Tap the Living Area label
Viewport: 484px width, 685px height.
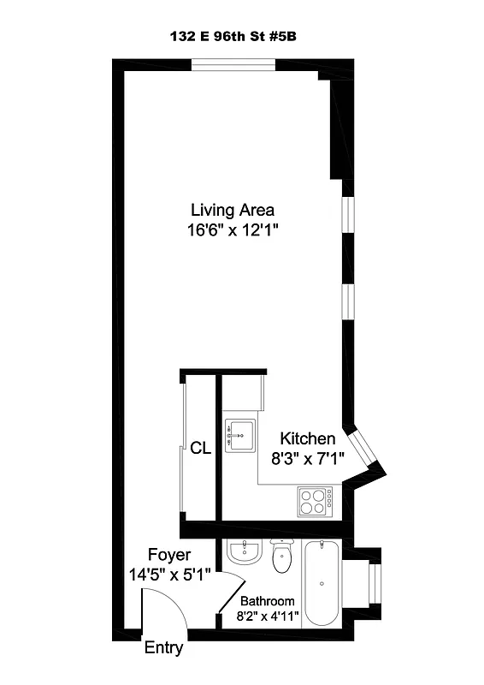click(x=233, y=210)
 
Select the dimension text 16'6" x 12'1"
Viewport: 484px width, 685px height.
click(x=233, y=229)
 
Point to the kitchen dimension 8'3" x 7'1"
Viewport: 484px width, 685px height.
click(x=307, y=458)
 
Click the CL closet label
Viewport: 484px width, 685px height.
click(x=200, y=447)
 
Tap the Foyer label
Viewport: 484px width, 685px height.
click(x=168, y=555)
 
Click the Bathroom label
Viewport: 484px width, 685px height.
click(x=267, y=601)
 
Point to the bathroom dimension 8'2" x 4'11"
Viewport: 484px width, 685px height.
click(x=267, y=616)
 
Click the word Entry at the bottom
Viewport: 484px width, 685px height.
click(x=162, y=648)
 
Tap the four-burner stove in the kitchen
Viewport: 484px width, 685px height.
click(x=315, y=500)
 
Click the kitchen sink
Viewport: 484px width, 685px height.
click(x=240, y=437)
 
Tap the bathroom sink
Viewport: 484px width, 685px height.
click(x=244, y=552)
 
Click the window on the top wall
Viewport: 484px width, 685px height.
click(x=233, y=64)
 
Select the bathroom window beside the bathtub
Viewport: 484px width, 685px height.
click(x=372, y=584)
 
